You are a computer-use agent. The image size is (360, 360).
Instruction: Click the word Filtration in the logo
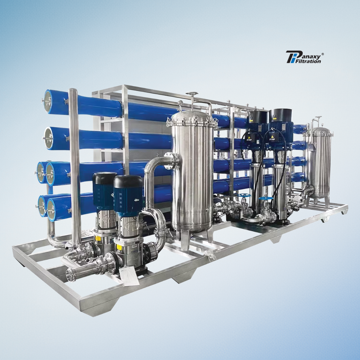308,61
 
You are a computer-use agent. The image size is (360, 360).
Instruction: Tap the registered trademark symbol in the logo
322,54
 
